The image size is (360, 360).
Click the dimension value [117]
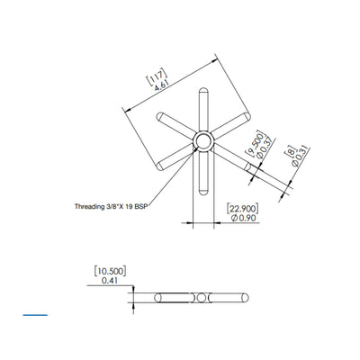pos(155,76)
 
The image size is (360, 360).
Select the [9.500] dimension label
pos(255,143)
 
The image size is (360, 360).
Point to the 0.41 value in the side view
pos(110,280)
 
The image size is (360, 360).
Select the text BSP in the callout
pos(140,206)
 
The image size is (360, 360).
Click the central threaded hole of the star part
pos(202,141)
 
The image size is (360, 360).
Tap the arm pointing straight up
pos(202,109)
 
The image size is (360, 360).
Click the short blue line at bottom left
pos(36,316)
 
